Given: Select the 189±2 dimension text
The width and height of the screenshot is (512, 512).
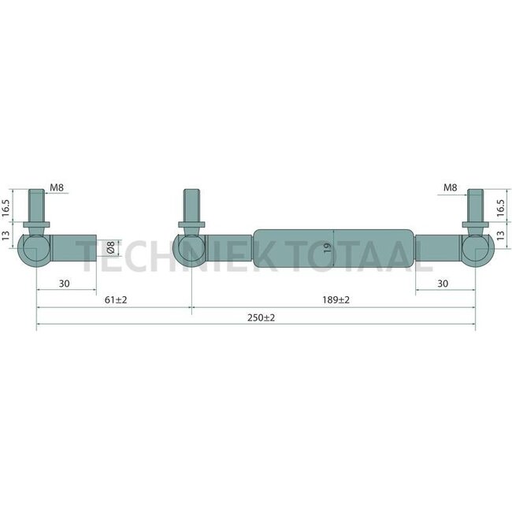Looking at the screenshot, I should tap(335, 300).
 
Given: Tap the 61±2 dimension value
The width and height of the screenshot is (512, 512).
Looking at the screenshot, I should tap(115, 300).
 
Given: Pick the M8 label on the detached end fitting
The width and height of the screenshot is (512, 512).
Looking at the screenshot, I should tap(57, 187).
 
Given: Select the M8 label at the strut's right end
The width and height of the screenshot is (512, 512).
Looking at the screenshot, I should tap(449, 187).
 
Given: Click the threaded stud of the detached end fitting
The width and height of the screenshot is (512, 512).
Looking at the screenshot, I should tap(37, 206).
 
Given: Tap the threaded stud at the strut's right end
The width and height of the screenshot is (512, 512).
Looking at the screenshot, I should tap(475, 206).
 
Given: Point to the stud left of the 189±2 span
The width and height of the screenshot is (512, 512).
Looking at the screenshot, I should tap(191, 206).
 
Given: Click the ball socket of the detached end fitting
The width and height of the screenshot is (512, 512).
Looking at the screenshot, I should tap(35, 250).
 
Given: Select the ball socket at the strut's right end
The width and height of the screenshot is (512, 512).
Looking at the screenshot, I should tap(477, 250).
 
